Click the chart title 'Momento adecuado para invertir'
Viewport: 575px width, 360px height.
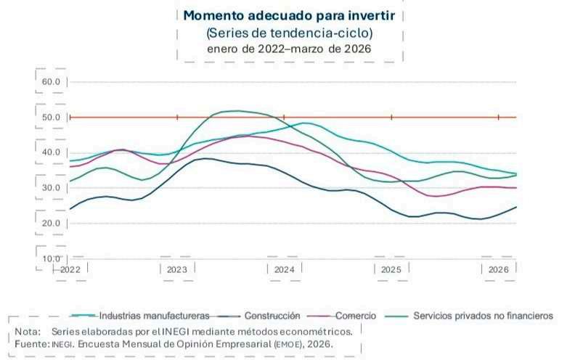click(x=289, y=16)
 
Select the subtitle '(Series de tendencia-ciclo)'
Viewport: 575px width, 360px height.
click(x=290, y=33)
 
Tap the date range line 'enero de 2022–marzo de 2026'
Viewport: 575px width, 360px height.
click(x=289, y=49)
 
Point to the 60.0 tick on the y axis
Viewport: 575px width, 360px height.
click(x=51, y=82)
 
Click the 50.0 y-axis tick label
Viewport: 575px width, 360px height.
click(x=51, y=118)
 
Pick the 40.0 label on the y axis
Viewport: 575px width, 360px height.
click(x=51, y=152)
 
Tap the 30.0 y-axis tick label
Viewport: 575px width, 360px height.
click(x=51, y=188)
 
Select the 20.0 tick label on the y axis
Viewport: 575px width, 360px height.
click(x=51, y=223)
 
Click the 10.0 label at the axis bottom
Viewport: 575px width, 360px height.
click(x=51, y=258)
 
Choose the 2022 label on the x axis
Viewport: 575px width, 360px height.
click(x=70, y=270)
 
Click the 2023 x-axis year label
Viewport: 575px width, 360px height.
click(x=177, y=270)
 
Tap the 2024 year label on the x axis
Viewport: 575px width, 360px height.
click(x=284, y=270)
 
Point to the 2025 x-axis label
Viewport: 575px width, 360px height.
click(x=391, y=270)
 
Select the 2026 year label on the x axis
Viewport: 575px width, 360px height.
click(x=499, y=270)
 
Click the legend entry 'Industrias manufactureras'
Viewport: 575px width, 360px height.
click(x=155, y=316)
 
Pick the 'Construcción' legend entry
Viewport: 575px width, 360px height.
click(x=272, y=316)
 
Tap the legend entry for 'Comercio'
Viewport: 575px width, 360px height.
click(x=356, y=316)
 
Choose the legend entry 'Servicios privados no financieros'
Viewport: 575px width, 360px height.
click(x=483, y=316)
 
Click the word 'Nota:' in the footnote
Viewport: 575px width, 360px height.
click(x=28, y=332)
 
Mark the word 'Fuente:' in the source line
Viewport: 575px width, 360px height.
click(x=32, y=344)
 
